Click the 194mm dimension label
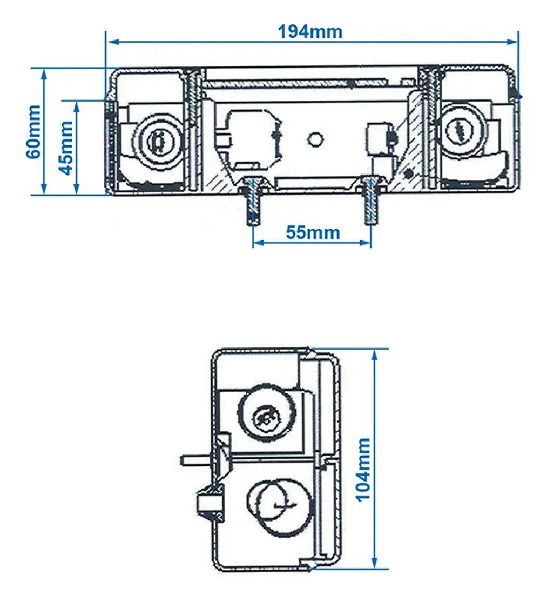(310, 31)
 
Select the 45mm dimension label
(66, 147)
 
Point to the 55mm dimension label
(312, 232)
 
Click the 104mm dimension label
(363, 469)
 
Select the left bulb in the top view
(156, 140)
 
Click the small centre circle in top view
(314, 139)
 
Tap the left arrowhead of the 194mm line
(110, 40)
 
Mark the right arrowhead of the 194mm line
(514, 40)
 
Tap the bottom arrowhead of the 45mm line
(77, 190)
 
